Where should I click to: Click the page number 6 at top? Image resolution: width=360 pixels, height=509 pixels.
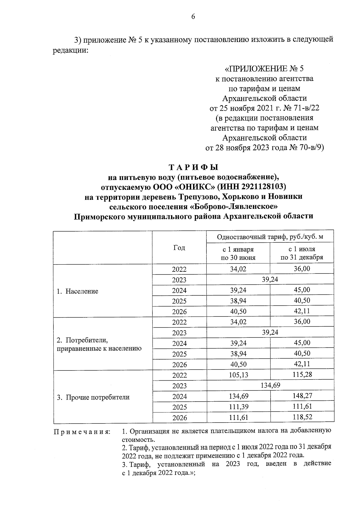click(193, 17)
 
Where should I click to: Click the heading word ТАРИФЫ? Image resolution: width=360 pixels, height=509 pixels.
click(193, 167)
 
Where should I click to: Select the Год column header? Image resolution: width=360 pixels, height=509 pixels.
click(179, 248)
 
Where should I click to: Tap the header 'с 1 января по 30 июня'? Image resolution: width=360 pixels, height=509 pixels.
click(238, 253)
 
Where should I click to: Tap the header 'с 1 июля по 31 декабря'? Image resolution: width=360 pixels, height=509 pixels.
click(302, 253)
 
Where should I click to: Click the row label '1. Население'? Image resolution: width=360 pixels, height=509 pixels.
click(78, 291)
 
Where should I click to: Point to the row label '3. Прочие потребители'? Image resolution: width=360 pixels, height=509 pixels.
click(93, 397)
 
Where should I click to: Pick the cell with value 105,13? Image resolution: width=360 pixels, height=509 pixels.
click(238, 375)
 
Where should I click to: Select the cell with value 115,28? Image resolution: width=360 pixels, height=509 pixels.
click(302, 375)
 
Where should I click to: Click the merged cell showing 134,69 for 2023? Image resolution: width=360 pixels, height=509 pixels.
click(270, 385)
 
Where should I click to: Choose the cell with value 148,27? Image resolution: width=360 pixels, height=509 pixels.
click(302, 396)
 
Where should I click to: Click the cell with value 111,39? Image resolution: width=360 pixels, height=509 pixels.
click(238, 407)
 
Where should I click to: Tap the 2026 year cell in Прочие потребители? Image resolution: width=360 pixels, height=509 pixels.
click(179, 418)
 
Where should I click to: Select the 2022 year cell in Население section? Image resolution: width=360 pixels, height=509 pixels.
click(179, 269)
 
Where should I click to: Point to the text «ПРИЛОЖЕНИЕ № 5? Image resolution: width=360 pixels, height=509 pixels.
click(264, 69)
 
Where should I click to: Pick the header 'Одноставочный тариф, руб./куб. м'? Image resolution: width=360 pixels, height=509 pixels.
click(270, 237)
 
